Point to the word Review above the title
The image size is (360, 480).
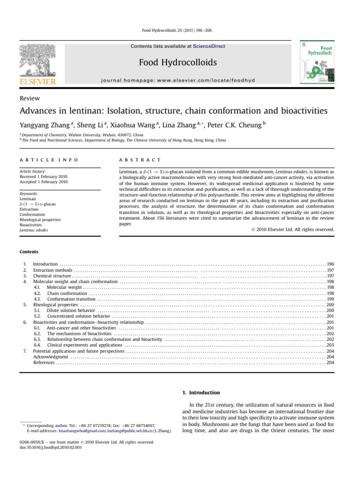pyautogui.click(x=30, y=98)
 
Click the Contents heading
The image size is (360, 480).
pyautogui.click(x=29, y=252)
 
